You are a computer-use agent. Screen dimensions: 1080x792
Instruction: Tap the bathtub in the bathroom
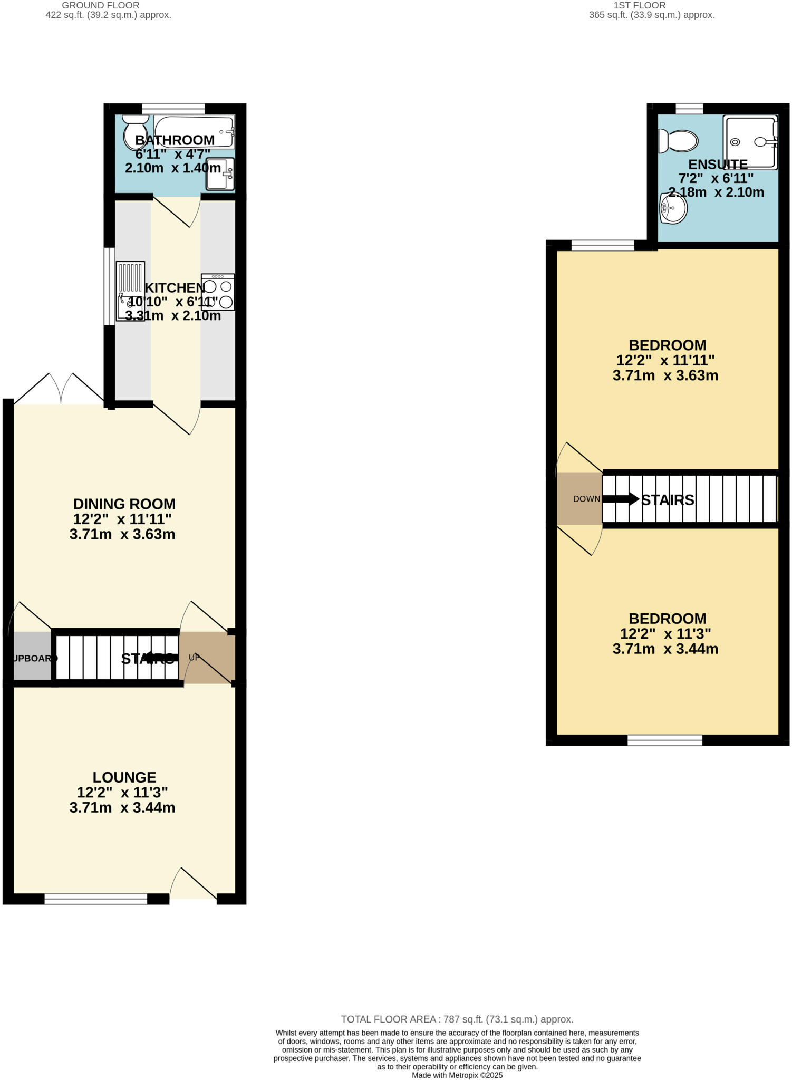pos(194,131)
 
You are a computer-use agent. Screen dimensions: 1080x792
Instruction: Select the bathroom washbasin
pos(220,173)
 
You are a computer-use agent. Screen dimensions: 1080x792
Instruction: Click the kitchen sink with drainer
pos(130,291)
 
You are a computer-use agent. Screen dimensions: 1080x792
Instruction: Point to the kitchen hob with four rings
pos(218,292)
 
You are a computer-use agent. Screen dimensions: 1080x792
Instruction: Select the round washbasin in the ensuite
pos(673,209)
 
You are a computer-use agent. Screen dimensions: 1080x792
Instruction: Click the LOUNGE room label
pos(124,777)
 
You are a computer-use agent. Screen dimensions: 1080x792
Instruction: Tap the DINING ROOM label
pos(124,504)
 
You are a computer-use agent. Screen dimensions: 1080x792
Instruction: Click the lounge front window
pos(95,899)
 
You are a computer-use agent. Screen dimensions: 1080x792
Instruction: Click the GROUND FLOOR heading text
pos(101,5)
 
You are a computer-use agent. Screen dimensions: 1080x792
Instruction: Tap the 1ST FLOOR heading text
pos(639,5)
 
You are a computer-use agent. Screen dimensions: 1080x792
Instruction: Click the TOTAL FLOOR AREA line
pos(457,1019)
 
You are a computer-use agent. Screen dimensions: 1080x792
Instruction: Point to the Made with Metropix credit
pos(457,1075)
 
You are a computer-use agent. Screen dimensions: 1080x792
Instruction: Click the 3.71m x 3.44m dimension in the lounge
pos(122,807)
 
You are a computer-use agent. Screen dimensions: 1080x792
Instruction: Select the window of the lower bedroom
pos(665,740)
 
